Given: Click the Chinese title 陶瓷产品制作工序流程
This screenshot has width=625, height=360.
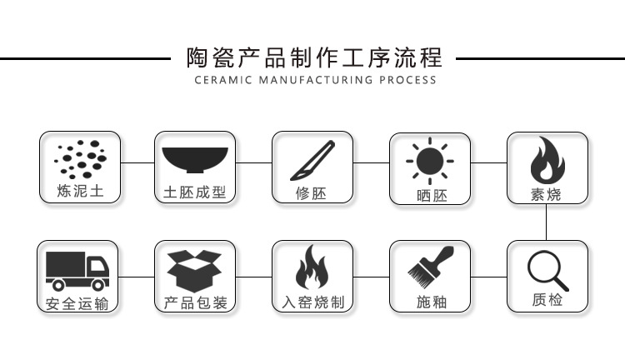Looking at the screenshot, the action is coord(312,58).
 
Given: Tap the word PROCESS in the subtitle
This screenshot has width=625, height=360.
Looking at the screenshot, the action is coord(407,81).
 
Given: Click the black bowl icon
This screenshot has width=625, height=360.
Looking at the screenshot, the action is coord(195,158).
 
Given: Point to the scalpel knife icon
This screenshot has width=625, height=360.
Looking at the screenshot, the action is coord(311,158).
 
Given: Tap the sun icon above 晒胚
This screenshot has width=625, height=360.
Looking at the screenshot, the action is coord(430,157).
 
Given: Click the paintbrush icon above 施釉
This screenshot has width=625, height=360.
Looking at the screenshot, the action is coord(430,267).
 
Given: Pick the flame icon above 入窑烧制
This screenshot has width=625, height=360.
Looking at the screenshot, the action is coord(312,267).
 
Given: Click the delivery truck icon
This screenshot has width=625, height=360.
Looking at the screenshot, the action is coord(77,269).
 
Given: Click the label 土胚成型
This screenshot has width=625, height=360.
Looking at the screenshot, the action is coord(195,193).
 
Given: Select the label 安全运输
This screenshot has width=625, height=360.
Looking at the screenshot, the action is coord(77,303).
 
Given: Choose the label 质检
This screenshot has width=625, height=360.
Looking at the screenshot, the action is coord(547,300).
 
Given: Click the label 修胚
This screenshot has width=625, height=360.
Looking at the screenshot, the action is coord(312,193).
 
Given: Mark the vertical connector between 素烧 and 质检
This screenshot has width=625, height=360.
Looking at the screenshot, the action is coord(547,222).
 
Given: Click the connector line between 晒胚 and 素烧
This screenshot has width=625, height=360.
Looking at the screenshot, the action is coord(488,163).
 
